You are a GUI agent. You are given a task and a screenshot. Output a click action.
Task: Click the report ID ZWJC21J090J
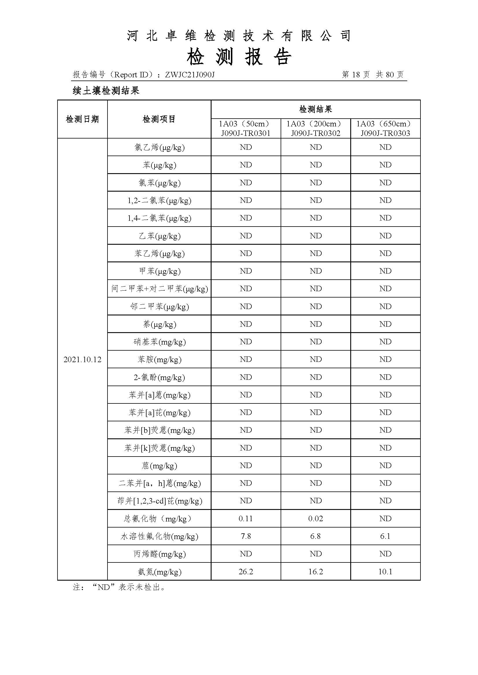pyautogui.click(x=190, y=75)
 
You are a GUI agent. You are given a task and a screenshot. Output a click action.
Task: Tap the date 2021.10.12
pyautogui.click(x=82, y=360)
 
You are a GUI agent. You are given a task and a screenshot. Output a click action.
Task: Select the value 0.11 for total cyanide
pyautogui.click(x=246, y=519)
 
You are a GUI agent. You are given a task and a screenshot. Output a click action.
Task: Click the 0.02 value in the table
pyautogui.click(x=316, y=519)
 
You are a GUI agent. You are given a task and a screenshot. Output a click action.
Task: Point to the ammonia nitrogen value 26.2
pyautogui.click(x=246, y=571)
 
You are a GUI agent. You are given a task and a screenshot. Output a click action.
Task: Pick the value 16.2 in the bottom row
pyautogui.click(x=316, y=571)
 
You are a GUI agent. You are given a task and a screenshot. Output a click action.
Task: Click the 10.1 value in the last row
pyautogui.click(x=385, y=571)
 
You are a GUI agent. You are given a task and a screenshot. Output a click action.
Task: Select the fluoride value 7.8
pyautogui.click(x=246, y=536)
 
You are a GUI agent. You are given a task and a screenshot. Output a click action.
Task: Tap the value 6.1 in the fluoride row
pyautogui.click(x=385, y=536)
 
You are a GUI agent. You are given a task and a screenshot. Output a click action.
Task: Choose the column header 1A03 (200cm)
pyautogui.click(x=316, y=124)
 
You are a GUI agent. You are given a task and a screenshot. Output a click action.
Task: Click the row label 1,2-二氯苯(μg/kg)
pyautogui.click(x=159, y=201)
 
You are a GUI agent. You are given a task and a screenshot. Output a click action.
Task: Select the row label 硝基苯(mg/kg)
pyautogui.click(x=159, y=342)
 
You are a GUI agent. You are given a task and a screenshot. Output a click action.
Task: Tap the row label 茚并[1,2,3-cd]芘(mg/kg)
pyautogui.click(x=159, y=501)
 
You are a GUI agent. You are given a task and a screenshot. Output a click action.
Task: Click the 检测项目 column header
pyautogui.click(x=159, y=119)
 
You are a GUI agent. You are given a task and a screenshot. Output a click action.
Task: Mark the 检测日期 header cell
pyautogui.click(x=82, y=119)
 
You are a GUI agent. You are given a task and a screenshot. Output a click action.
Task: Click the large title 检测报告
pyautogui.click(x=239, y=57)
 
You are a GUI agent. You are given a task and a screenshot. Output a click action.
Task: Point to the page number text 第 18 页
pyautogui.click(x=355, y=75)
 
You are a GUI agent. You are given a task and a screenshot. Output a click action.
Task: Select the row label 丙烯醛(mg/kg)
pyautogui.click(x=159, y=554)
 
